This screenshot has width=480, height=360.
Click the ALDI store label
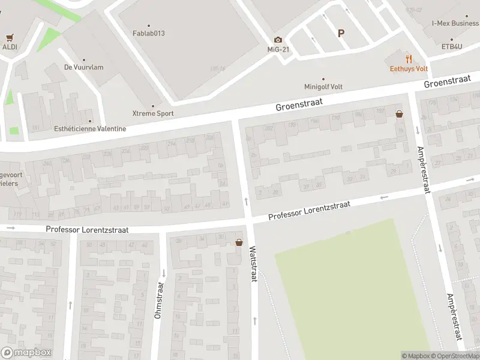click(9, 46)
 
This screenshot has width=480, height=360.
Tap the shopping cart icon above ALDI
click(9, 37)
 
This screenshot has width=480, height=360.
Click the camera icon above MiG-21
click(278, 40)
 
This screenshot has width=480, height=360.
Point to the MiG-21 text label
click(278, 49)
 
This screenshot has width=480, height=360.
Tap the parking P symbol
click(341, 34)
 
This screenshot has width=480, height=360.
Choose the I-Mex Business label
click(455, 23)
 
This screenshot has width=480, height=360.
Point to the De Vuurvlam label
click(83, 67)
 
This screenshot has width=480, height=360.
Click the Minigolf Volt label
click(324, 86)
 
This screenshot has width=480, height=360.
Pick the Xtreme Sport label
click(153, 113)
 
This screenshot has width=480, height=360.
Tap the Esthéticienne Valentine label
click(90, 128)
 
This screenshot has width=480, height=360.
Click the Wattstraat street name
click(253, 265)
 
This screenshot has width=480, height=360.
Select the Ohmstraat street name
click(158, 300)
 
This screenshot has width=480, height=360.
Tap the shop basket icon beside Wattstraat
click(239, 242)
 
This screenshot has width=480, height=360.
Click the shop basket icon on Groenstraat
click(399, 113)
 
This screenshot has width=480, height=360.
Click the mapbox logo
click(26, 353)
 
